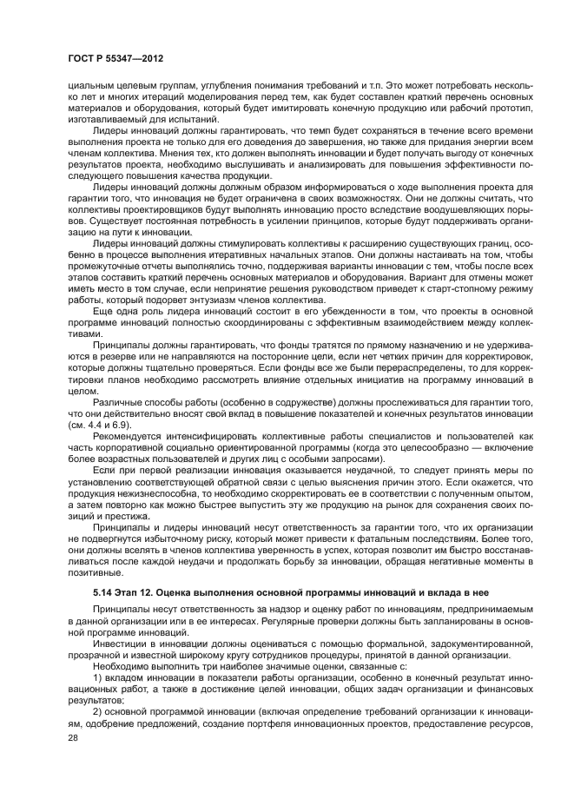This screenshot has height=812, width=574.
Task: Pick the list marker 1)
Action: [96, 675]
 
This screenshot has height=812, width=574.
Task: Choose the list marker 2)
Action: [96, 709]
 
